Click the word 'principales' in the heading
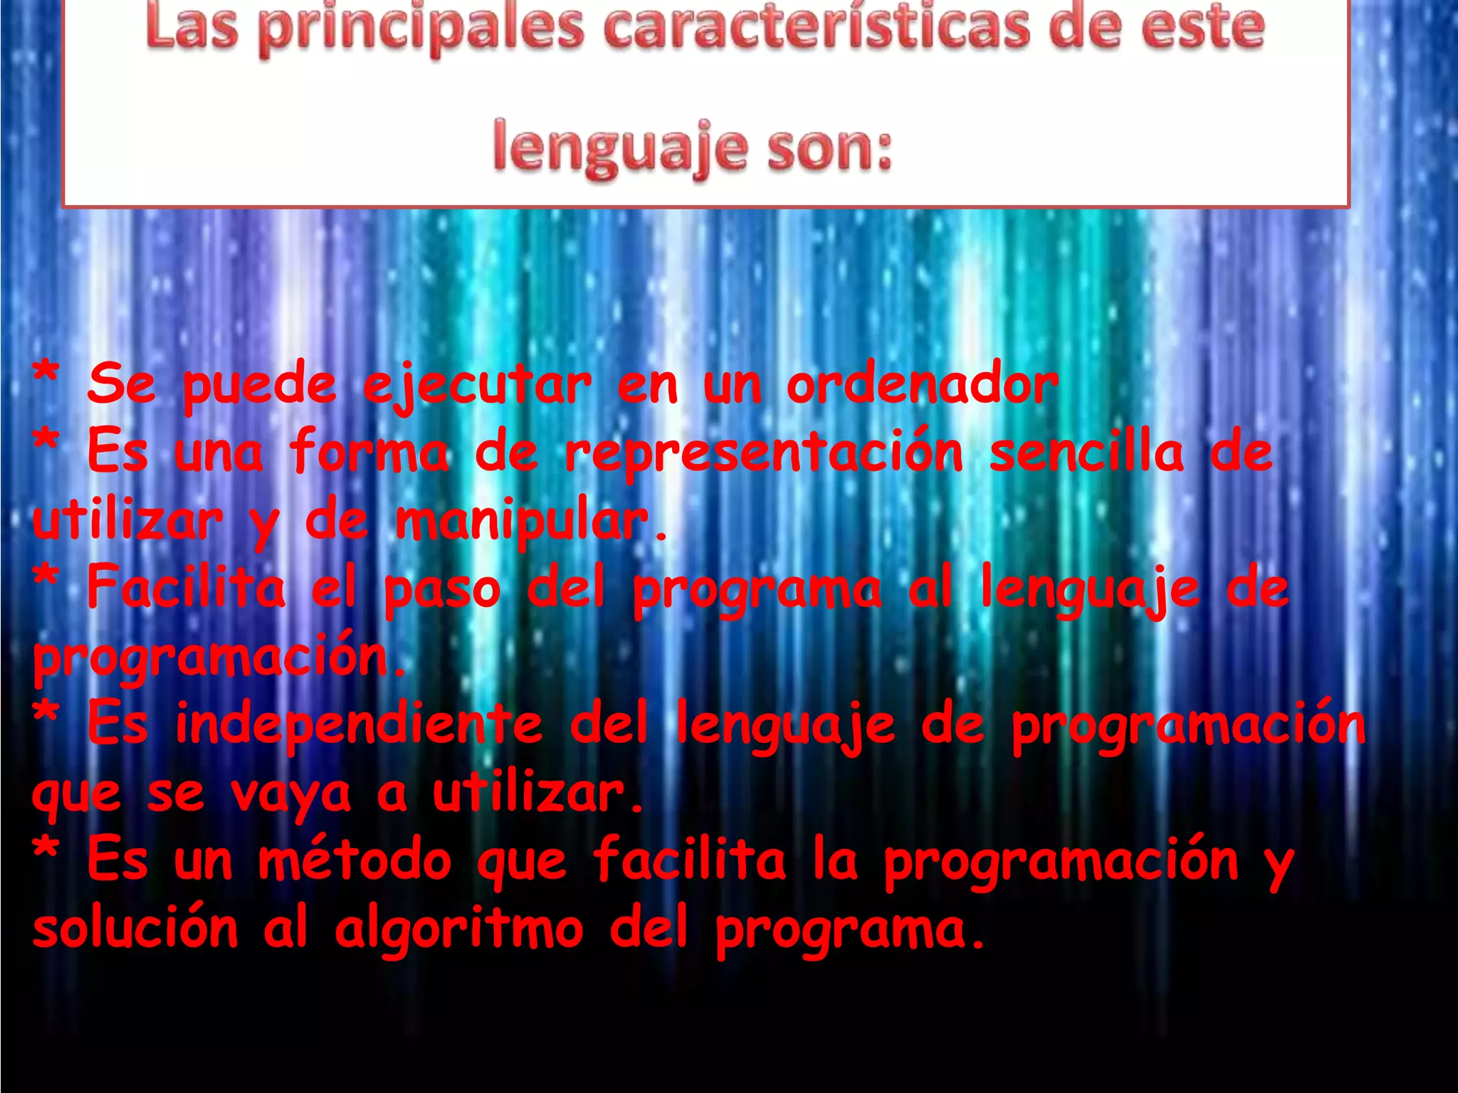pyautogui.click(x=420, y=28)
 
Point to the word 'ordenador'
pyautogui.click(x=922, y=385)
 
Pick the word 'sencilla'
pyautogui.click(x=1086, y=453)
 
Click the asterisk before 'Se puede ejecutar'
pyautogui.click(x=46, y=374)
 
